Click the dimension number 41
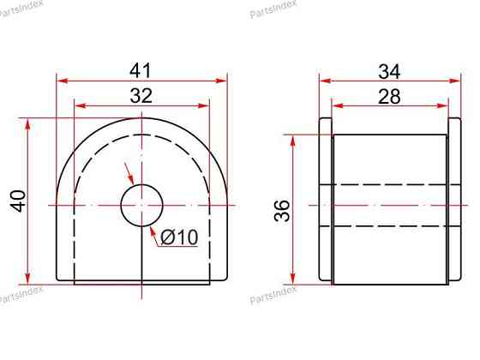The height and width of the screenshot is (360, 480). click(141, 70)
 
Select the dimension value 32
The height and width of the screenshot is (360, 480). click(141, 95)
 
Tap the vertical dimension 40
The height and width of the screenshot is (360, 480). click(18, 201)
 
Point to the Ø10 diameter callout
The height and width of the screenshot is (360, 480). click(179, 237)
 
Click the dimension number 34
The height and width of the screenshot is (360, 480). click(389, 71)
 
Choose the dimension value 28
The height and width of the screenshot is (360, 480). click(389, 96)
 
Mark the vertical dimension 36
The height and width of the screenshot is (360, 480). click(282, 211)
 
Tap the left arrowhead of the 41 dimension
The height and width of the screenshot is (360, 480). click(63, 81)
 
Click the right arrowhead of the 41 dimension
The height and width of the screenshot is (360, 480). click(221, 81)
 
